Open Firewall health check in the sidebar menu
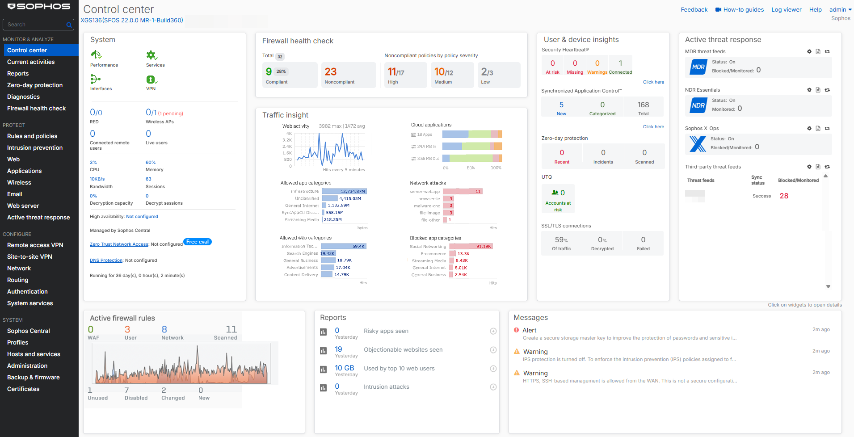click(x=36, y=108)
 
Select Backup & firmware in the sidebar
click(x=33, y=377)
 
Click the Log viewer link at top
click(x=786, y=9)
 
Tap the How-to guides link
click(x=743, y=9)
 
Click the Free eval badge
click(x=197, y=242)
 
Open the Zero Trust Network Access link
click(x=119, y=244)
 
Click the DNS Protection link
click(x=106, y=261)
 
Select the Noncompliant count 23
click(x=331, y=72)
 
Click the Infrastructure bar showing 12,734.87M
click(x=344, y=191)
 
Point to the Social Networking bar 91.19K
click(x=471, y=246)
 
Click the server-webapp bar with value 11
click(x=463, y=191)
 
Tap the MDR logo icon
click(x=698, y=67)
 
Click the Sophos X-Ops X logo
click(x=698, y=144)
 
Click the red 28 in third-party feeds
click(x=784, y=196)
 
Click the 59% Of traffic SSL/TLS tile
click(x=561, y=243)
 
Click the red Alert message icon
click(x=517, y=330)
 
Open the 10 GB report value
click(x=344, y=368)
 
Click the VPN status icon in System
click(x=151, y=80)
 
